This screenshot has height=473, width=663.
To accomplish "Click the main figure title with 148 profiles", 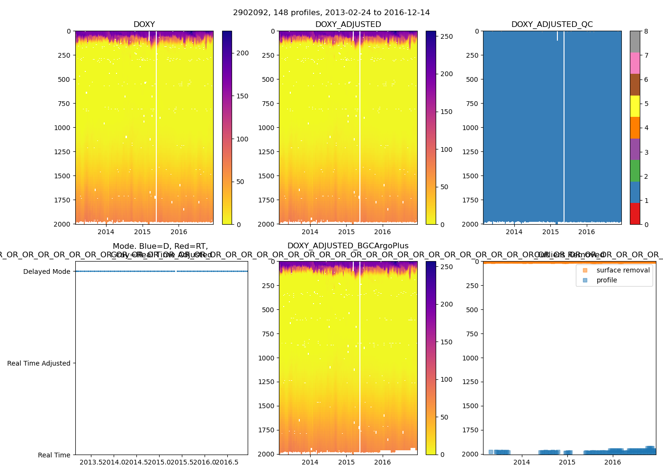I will (x=331, y=13).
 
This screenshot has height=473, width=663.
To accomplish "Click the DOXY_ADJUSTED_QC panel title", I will (x=552, y=25).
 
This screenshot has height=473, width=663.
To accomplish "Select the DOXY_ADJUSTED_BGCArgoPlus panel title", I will (x=348, y=246).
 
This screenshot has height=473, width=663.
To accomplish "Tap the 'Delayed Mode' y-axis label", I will (x=46, y=272).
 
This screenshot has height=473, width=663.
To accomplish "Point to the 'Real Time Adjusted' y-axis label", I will (x=39, y=363).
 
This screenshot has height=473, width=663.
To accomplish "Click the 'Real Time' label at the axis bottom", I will (x=54, y=455).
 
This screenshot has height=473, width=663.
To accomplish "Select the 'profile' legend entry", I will (x=607, y=280).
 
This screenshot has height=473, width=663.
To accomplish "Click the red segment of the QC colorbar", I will (x=635, y=213).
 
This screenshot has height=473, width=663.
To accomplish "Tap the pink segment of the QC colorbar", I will (x=635, y=63).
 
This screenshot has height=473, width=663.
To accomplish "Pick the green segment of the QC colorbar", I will (x=635, y=170).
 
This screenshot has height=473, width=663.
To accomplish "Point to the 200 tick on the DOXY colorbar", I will (x=242, y=53).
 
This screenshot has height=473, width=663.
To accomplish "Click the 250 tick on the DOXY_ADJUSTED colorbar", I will (x=447, y=36).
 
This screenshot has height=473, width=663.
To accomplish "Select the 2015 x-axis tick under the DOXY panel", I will (x=142, y=232).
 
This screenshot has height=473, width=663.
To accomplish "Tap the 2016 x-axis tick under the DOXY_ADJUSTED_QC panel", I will (x=587, y=232).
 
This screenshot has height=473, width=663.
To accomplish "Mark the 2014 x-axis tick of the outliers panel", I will (x=522, y=462).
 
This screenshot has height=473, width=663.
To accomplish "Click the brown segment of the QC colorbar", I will (x=635, y=85).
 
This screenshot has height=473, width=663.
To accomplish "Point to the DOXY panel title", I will (x=144, y=25).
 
